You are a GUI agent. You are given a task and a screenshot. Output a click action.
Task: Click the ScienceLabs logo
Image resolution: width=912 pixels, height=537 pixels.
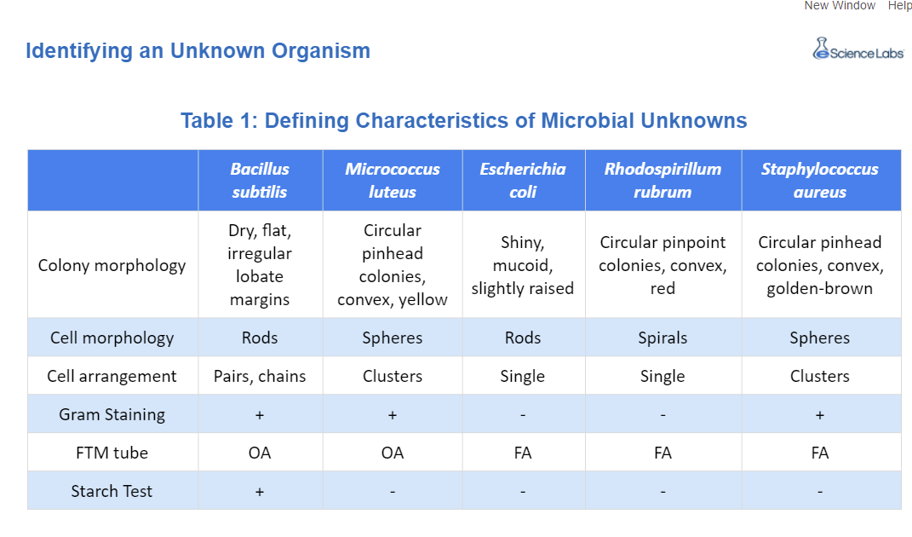click(x=858, y=49)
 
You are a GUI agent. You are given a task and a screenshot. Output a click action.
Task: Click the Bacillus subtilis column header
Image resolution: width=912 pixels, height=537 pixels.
click(x=260, y=181)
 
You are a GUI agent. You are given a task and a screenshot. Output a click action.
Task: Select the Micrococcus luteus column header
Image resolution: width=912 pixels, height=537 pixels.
click(x=393, y=181)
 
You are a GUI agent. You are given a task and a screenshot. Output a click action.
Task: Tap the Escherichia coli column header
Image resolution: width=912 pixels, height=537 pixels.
click(x=523, y=181)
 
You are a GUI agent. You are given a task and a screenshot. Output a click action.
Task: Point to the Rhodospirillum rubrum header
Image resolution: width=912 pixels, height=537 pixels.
click(x=662, y=181)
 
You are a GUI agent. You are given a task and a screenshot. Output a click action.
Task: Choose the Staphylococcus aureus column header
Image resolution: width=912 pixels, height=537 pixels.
click(x=819, y=181)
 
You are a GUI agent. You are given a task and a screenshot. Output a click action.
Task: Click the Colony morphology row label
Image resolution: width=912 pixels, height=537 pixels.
click(x=112, y=266)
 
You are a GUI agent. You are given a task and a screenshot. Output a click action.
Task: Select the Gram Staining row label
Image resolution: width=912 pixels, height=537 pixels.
click(x=112, y=414)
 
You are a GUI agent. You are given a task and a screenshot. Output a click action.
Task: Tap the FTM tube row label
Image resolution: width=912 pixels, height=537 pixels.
click(x=112, y=453)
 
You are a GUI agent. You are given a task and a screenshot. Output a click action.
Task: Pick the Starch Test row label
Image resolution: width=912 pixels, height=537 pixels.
click(x=112, y=491)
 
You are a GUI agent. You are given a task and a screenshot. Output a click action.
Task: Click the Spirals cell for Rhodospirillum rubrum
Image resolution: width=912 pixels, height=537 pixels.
click(x=662, y=338)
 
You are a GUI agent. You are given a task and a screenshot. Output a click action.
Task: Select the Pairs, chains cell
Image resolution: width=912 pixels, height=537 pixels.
click(x=260, y=376)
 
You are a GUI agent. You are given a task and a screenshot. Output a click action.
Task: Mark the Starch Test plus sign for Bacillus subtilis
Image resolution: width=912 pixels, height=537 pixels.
click(x=260, y=492)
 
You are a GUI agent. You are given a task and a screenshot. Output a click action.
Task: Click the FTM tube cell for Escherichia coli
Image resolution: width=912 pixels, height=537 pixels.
click(x=523, y=453)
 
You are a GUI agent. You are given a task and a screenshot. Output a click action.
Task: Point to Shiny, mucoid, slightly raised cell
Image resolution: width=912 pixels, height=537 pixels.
click(x=523, y=266)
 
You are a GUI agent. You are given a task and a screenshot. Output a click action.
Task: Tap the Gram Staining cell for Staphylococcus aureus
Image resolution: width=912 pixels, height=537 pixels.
click(x=819, y=415)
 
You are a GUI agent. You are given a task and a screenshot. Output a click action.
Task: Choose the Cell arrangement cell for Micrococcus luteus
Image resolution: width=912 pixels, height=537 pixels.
click(x=393, y=376)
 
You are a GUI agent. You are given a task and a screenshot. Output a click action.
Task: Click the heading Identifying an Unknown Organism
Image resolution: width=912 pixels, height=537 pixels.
click(x=198, y=50)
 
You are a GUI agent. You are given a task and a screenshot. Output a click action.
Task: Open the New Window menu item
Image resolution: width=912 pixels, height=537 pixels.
click(x=840, y=5)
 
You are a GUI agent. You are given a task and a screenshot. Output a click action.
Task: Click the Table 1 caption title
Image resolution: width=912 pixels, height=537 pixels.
click(x=463, y=120)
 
